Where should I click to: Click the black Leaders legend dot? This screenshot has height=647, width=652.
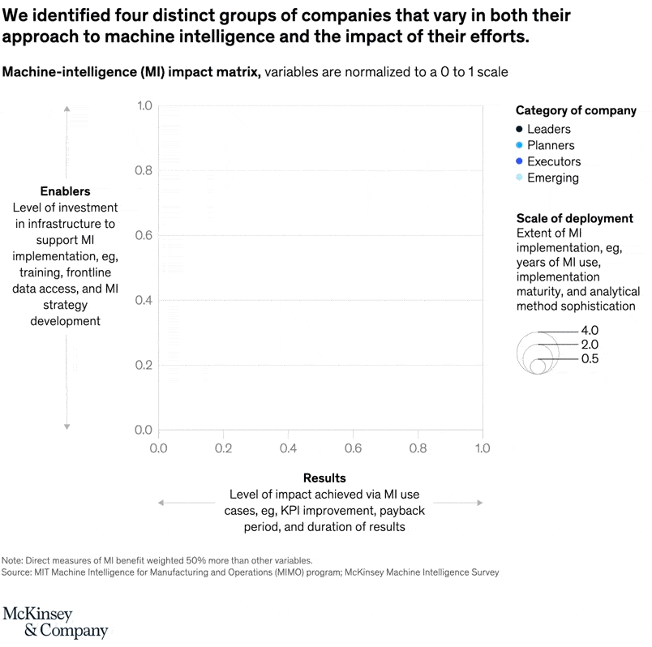pyautogui.click(x=518, y=129)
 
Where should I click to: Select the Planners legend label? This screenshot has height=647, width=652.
pyautogui.click(x=550, y=145)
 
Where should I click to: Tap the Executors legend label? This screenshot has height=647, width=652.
pyautogui.click(x=554, y=161)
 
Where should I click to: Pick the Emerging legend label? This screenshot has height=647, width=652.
pyautogui.click(x=552, y=178)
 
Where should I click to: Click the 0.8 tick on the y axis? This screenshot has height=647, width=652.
pyautogui.click(x=144, y=170)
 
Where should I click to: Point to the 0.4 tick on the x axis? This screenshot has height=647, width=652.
pyautogui.click(x=288, y=447)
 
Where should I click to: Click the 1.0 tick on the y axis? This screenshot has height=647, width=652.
pyautogui.click(x=144, y=105)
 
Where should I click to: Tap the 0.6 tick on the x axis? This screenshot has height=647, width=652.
pyautogui.click(x=353, y=447)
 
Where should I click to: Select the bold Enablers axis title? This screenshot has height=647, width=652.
pyautogui.click(x=65, y=191)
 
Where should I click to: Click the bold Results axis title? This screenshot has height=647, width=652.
pyautogui.click(x=324, y=478)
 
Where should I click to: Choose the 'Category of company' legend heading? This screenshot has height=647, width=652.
pyautogui.click(x=576, y=110)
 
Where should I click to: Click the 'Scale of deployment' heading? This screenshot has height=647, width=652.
pyautogui.click(x=574, y=218)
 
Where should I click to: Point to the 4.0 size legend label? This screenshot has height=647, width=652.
pyautogui.click(x=590, y=331)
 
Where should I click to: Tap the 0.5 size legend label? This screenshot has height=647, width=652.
pyautogui.click(x=590, y=358)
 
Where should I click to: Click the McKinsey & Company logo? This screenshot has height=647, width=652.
pyautogui.click(x=55, y=622)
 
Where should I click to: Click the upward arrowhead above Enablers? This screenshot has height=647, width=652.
pyautogui.click(x=66, y=108)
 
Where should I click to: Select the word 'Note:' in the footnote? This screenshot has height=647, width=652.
pyautogui.click(x=14, y=560)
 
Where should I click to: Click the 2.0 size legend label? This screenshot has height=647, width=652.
pyautogui.click(x=590, y=345)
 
